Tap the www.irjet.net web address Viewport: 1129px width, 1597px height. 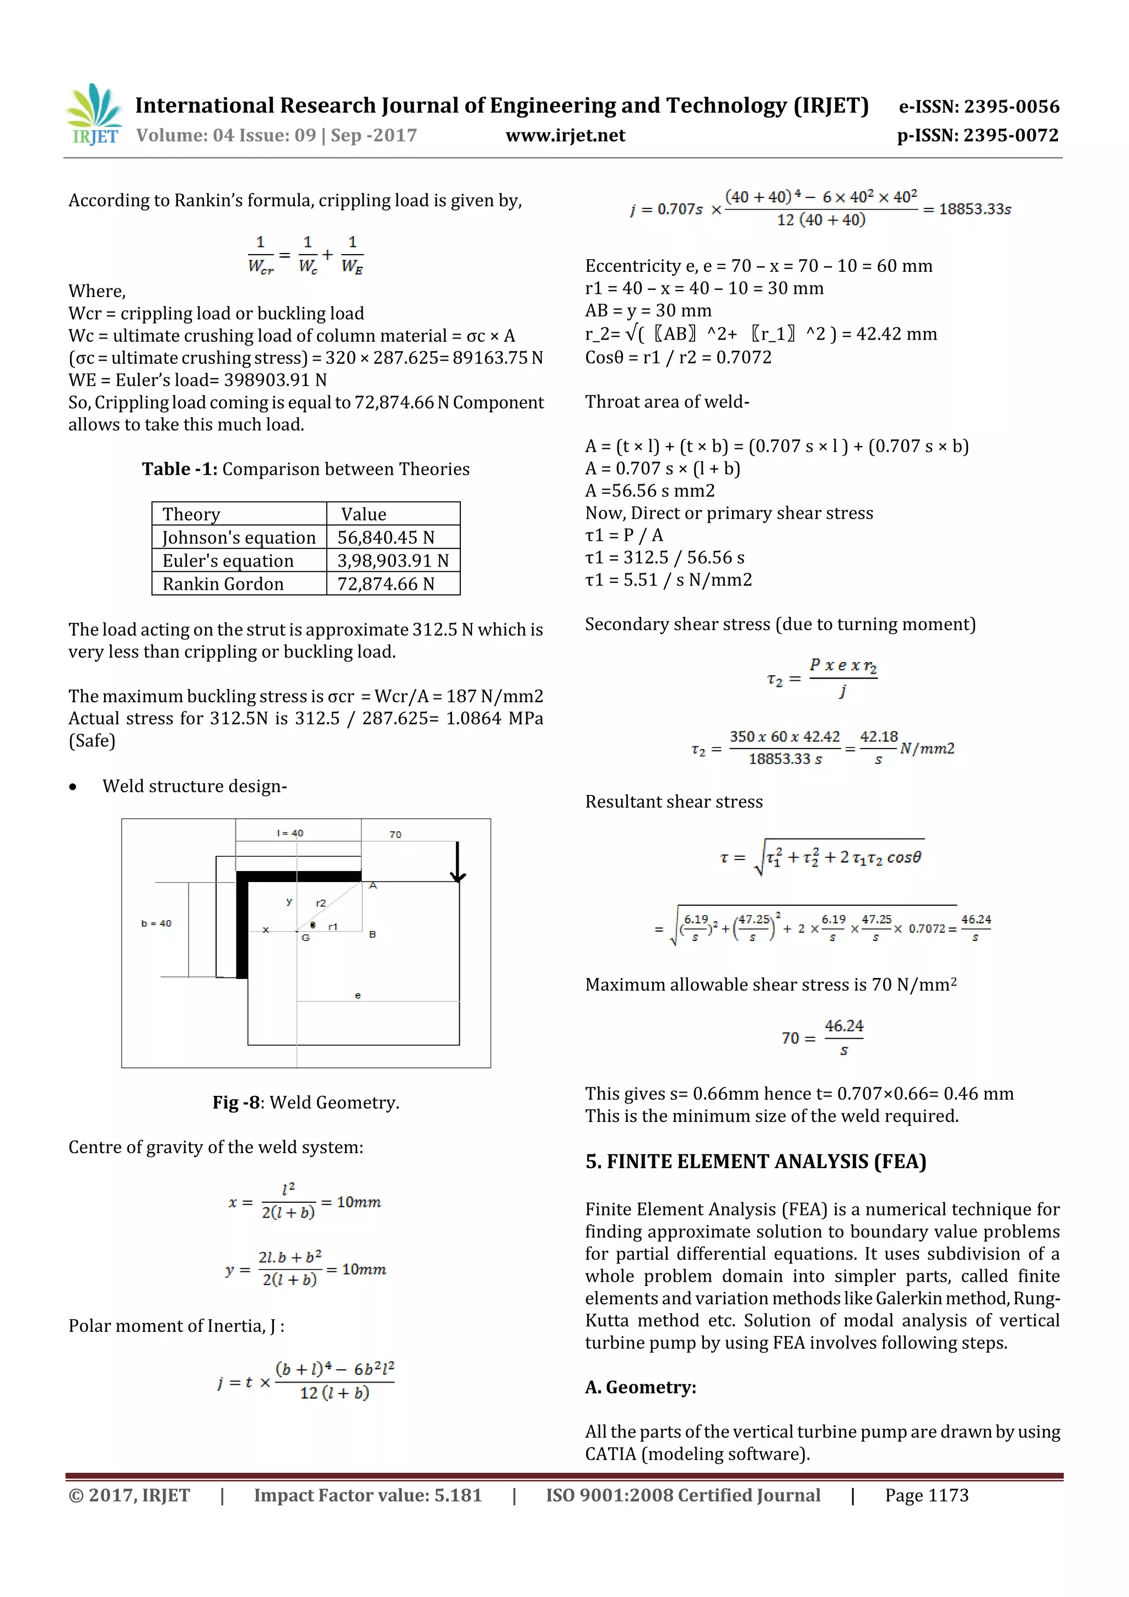coord(565,136)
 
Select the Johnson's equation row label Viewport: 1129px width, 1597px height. coord(239,537)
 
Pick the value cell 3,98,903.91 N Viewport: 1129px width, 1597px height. coord(393,561)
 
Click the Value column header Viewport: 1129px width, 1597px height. coord(363,514)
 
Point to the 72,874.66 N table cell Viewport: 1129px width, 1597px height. coord(385,584)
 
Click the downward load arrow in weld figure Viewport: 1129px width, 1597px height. coord(457,863)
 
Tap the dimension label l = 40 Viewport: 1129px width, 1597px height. coord(289,832)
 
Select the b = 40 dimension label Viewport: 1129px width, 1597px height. coord(156,923)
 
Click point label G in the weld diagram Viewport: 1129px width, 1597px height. coord(305,938)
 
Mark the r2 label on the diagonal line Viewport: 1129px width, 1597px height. coord(321,903)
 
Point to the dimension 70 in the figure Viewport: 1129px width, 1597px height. coord(395,834)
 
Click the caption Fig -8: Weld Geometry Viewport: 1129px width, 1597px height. coord(305,1103)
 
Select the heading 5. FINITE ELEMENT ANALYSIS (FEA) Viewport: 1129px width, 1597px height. coord(755,1162)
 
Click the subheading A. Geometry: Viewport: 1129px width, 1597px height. coord(640,1387)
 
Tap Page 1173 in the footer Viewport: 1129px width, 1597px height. coord(926,1496)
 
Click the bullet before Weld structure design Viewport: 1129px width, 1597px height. coord(73,787)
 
